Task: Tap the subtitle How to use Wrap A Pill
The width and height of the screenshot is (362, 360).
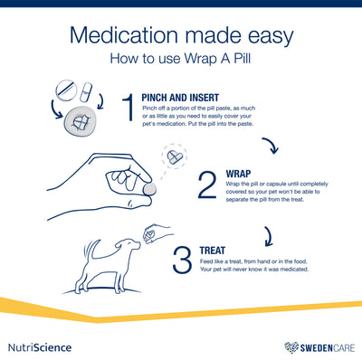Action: (180, 62)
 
